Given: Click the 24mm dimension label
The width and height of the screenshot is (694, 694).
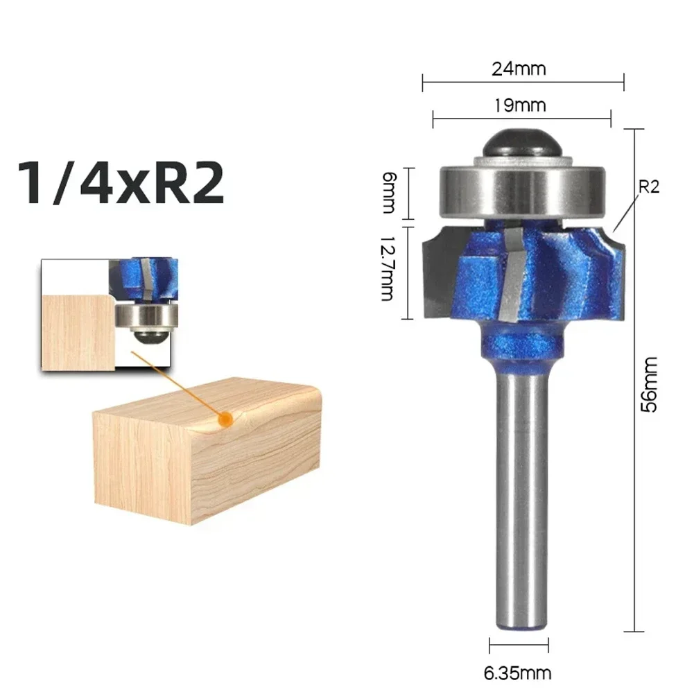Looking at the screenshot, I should [x=519, y=69].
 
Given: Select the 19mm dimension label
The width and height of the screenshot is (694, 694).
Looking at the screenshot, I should [x=519, y=105].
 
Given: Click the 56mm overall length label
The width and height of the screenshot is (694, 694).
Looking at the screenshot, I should [x=650, y=384].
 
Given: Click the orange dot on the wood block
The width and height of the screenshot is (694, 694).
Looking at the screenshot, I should [x=224, y=419].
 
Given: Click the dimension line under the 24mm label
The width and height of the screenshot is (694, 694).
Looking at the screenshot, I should [x=523, y=83].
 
